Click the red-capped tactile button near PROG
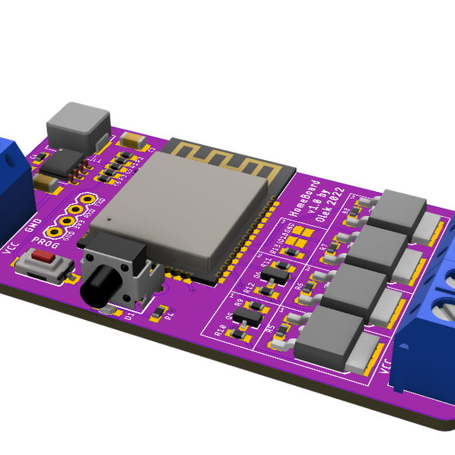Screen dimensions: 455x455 click(46, 258)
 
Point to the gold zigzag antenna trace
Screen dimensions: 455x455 click(227, 162)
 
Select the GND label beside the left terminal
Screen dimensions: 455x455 click(33, 225)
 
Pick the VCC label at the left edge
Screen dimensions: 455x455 click(10, 250)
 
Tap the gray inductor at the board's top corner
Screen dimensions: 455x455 click(77, 125)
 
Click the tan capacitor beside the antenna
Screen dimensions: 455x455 click(133, 141)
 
